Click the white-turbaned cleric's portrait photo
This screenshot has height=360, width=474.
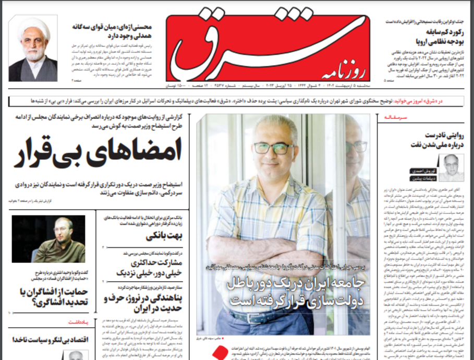[x=33, y=48]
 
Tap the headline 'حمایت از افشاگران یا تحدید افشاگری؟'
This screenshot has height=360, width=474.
[x=52, y=298]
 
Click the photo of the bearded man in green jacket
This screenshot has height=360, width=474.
[x=48, y=238]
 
